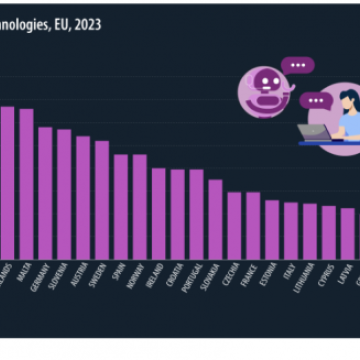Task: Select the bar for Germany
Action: (x=45, y=192)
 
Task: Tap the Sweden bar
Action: (x=102, y=199)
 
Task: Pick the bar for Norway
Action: (x=140, y=206)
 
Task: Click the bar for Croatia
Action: (x=178, y=213)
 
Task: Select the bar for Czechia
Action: (x=234, y=225)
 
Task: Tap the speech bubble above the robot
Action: (x=298, y=65)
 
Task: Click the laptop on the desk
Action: (x=316, y=132)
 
